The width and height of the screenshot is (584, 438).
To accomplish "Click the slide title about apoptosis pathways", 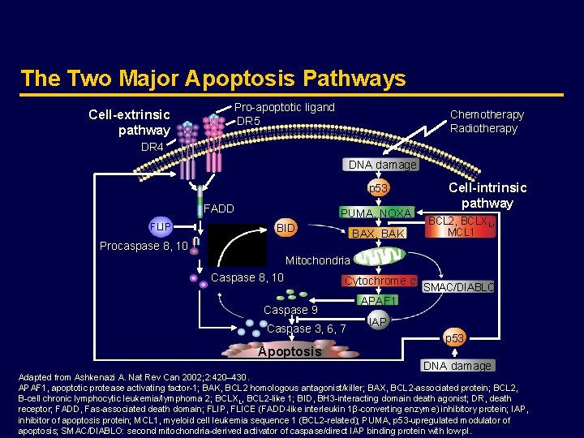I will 213,79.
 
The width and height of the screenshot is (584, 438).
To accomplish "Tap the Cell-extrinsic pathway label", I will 130,122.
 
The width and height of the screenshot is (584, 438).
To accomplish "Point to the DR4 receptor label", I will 152,147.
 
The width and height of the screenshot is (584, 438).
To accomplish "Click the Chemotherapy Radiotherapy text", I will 487,122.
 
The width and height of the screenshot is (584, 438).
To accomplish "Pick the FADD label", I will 218,208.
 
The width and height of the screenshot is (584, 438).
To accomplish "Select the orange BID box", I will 286,229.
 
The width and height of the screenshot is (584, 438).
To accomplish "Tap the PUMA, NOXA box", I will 376,213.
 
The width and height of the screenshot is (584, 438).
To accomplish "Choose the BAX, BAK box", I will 376,234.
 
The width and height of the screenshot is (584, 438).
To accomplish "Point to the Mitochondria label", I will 318,261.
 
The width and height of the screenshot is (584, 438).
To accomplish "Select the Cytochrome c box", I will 380,281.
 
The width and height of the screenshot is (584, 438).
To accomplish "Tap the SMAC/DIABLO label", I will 458,287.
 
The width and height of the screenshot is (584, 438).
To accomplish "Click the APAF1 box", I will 377,300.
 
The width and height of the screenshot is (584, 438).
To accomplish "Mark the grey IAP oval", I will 377,322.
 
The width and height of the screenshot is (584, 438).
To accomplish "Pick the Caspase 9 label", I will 290,310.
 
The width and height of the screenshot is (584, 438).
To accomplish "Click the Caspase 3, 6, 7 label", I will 307,328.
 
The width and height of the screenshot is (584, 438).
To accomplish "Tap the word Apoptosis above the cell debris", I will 289,351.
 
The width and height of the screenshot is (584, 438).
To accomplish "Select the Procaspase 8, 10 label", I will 144,246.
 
